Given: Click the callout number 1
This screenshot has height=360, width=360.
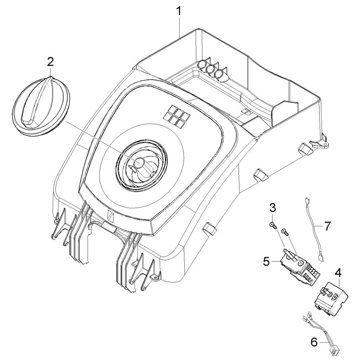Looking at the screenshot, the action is pyautogui.click(x=179, y=12).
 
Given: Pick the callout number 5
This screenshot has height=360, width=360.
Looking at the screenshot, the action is pyautogui.click(x=266, y=261).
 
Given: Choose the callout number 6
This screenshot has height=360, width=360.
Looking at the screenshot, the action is pyautogui.click(x=314, y=343).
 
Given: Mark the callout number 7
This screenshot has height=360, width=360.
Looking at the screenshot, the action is pyautogui.click(x=327, y=226).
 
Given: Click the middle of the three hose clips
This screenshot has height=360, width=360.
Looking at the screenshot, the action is pyautogui.click(x=210, y=69).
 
